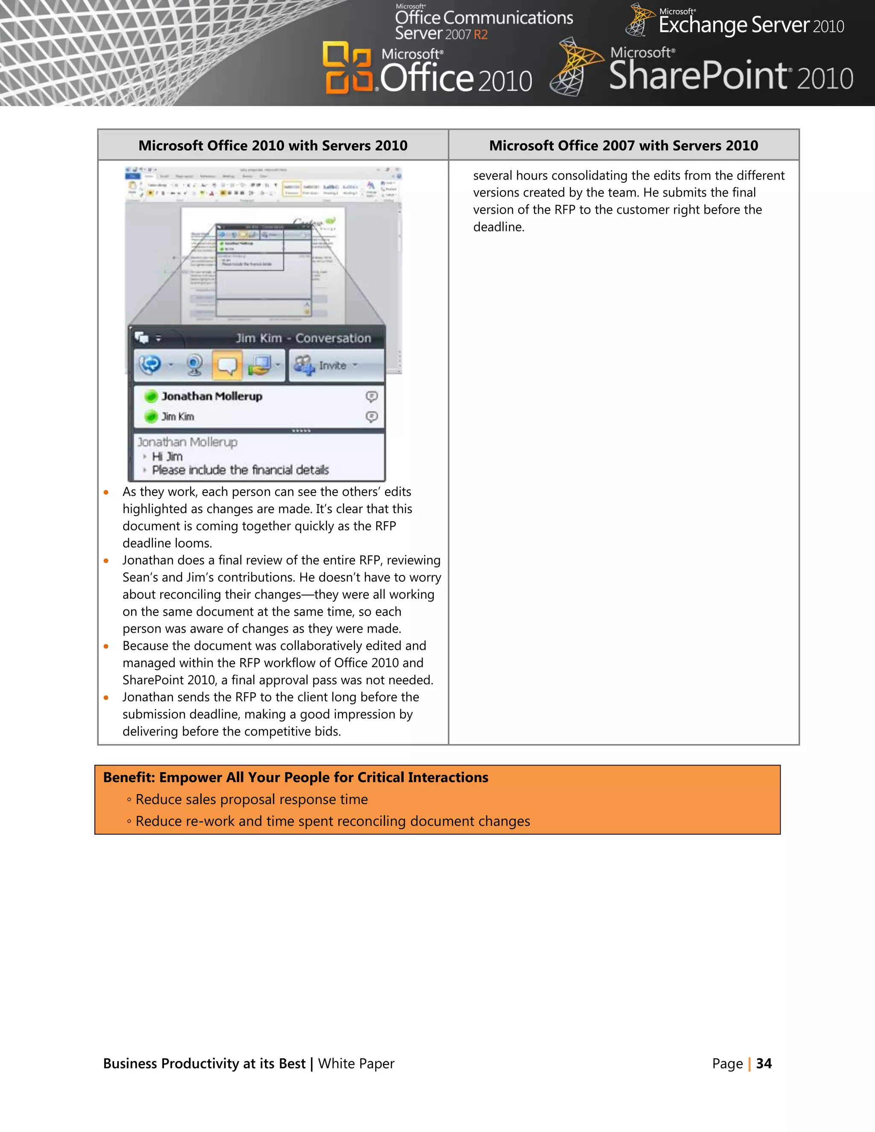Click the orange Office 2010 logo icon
point(347,67)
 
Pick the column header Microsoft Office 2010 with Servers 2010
point(273,146)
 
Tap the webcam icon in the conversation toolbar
point(195,365)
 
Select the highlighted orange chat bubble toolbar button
point(226,365)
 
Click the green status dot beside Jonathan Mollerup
point(151,396)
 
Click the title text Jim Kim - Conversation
point(303,338)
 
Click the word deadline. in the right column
point(499,227)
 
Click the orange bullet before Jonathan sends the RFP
point(106,698)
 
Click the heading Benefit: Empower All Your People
point(296,777)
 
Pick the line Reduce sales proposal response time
point(251,800)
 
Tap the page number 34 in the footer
point(763,1064)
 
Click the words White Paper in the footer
point(356,1064)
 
